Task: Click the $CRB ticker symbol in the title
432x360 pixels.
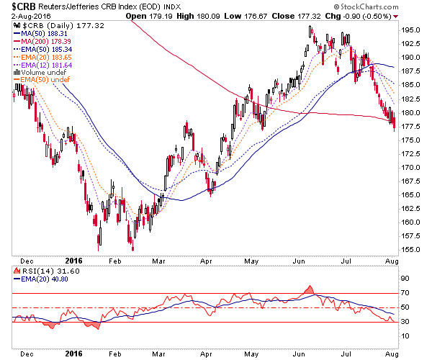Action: (x=24, y=6)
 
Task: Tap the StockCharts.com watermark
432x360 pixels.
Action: (x=366, y=6)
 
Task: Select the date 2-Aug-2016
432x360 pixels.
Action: (x=31, y=17)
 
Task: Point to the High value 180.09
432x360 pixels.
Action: (x=208, y=17)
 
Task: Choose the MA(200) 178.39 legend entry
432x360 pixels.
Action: (x=42, y=42)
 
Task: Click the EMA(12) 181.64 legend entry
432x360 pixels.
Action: (x=42, y=66)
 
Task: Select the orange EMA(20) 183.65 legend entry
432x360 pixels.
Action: (x=42, y=58)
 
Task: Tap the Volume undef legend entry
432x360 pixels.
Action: (x=40, y=73)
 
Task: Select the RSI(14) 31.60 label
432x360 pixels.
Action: (x=47, y=271)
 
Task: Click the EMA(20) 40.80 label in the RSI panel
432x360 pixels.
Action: (x=41, y=279)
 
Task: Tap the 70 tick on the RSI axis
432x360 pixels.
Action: (x=405, y=293)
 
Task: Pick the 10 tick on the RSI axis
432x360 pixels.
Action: (x=405, y=336)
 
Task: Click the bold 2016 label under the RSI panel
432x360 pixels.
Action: (x=73, y=354)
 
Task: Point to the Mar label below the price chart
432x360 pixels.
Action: (x=158, y=261)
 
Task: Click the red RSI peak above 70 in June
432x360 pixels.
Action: (x=310, y=289)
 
